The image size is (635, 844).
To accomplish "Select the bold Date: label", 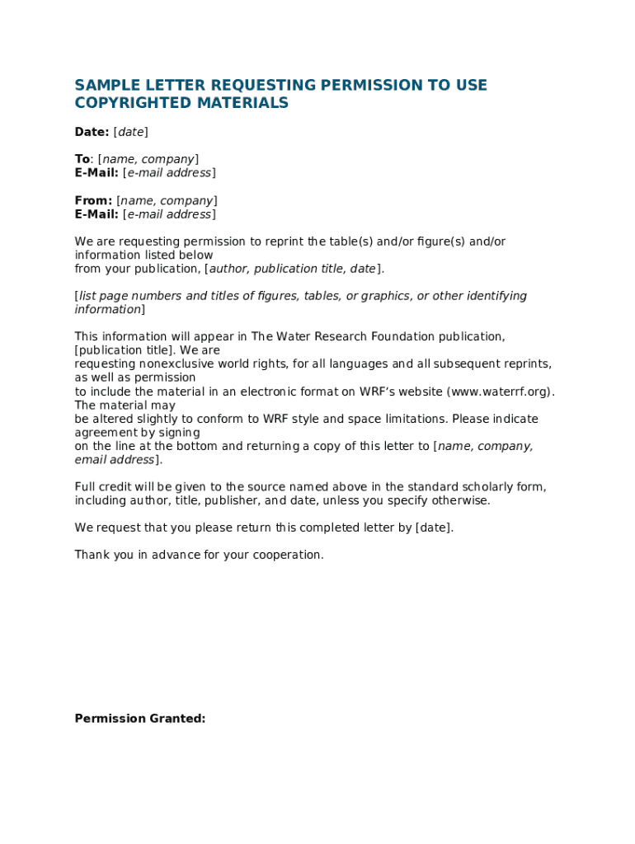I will click(x=92, y=132).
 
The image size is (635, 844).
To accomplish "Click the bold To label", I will click(x=82, y=159).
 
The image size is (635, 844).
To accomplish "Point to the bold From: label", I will click(x=93, y=201).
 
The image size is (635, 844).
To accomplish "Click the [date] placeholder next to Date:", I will click(x=130, y=132).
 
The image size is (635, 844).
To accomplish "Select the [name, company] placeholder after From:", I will click(x=167, y=201).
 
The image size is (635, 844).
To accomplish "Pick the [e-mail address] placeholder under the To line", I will click(x=169, y=173).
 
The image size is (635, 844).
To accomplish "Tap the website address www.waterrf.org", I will click(x=500, y=392).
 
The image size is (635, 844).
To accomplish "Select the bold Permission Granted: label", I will click(x=140, y=719).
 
